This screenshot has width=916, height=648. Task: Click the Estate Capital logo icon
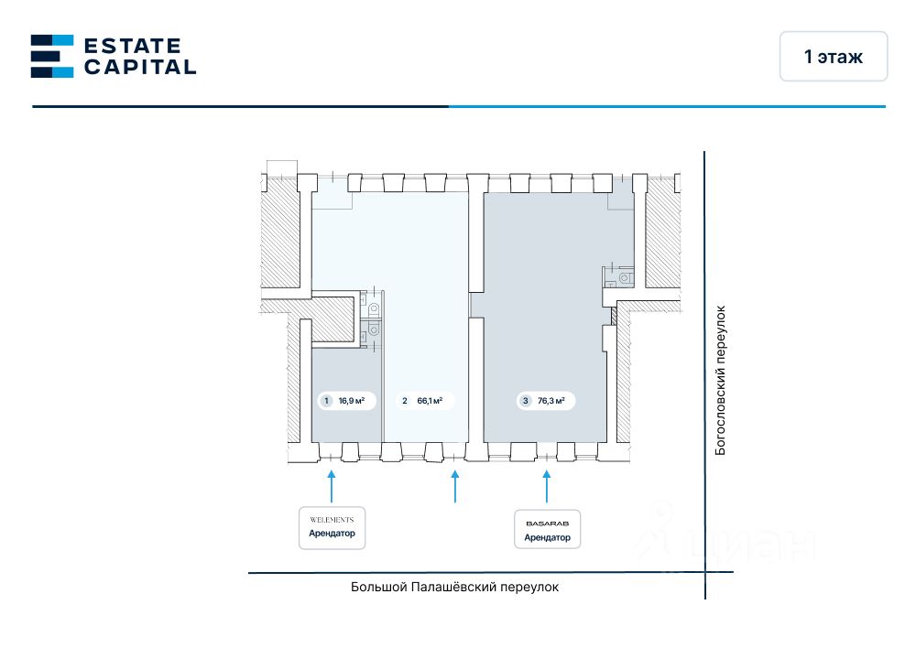(x=51, y=56)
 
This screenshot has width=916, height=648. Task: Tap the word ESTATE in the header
(x=132, y=45)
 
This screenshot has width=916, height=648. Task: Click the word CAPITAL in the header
(x=139, y=67)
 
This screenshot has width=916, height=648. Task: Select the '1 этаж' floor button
(x=833, y=57)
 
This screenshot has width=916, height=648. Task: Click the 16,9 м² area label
(x=352, y=400)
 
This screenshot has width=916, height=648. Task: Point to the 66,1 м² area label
(x=430, y=400)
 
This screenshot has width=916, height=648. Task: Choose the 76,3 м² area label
(x=551, y=400)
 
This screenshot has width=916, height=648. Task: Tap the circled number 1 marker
(x=325, y=400)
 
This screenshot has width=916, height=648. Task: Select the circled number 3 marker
(x=525, y=400)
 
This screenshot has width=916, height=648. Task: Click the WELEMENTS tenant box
(x=332, y=527)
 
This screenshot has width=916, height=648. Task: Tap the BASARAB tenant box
(x=547, y=529)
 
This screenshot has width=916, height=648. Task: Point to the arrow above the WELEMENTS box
(x=332, y=485)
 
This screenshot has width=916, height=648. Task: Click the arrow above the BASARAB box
(x=547, y=485)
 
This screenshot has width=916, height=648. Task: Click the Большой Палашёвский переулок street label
(x=454, y=588)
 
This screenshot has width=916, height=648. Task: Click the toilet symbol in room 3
(x=624, y=276)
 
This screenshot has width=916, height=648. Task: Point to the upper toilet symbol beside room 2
(x=373, y=309)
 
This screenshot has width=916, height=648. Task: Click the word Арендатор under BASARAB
(x=547, y=537)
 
